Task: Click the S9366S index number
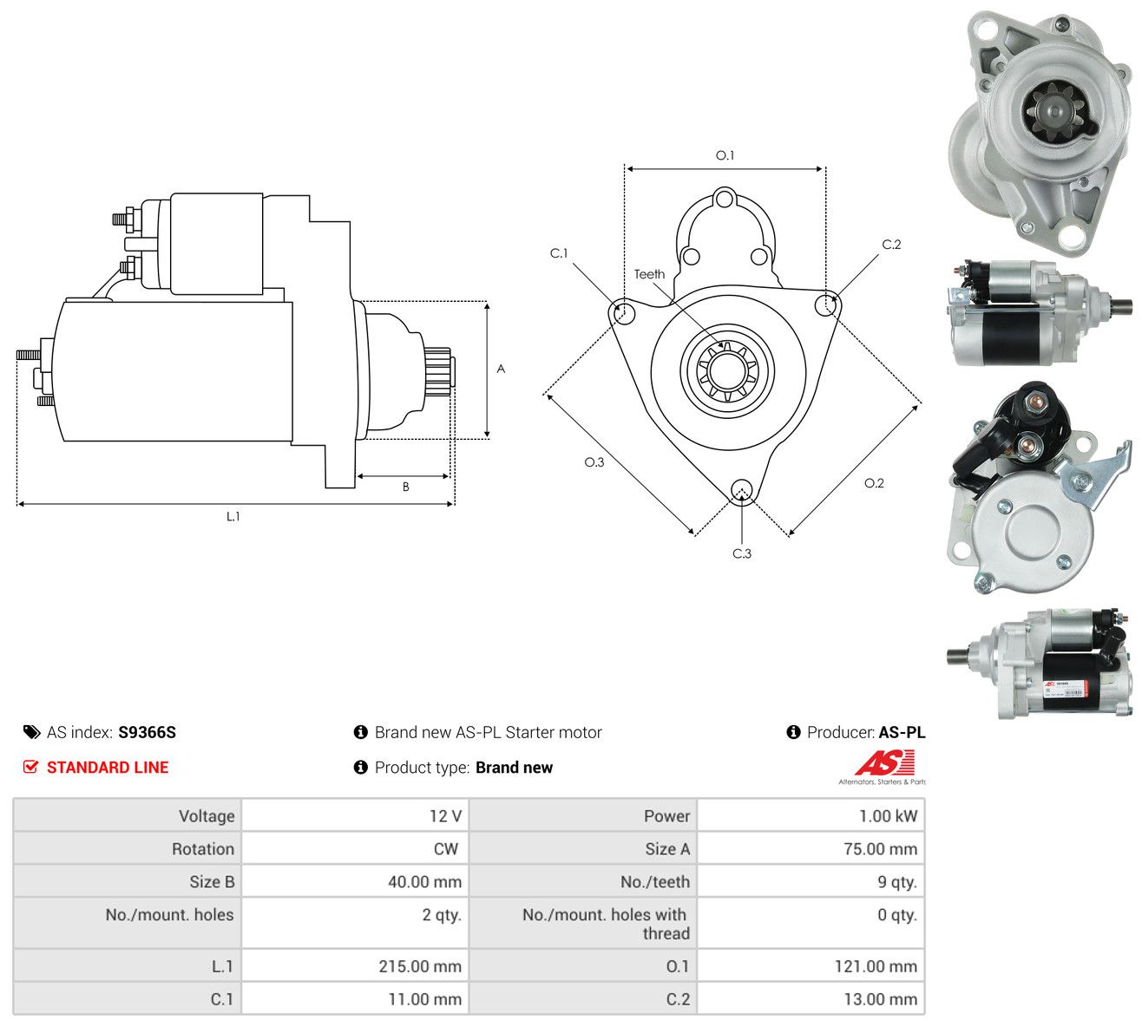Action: point(147,732)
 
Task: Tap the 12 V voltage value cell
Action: point(445,816)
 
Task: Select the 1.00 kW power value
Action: point(888,816)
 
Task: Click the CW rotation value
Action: point(446,849)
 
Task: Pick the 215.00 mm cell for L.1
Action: point(420,966)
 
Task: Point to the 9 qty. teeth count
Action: point(897,882)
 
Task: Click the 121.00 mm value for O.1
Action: point(876,966)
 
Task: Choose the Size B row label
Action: point(212,882)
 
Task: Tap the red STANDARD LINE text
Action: point(108,768)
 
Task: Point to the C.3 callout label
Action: point(742,553)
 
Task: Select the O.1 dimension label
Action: point(725,155)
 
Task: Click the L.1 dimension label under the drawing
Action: point(233,516)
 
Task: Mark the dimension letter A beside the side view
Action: point(501,369)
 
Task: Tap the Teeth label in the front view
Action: point(649,274)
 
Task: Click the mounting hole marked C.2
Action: point(825,305)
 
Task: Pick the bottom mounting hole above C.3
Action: point(741,489)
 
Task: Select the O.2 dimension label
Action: point(874,483)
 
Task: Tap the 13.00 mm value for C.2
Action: point(881,999)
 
